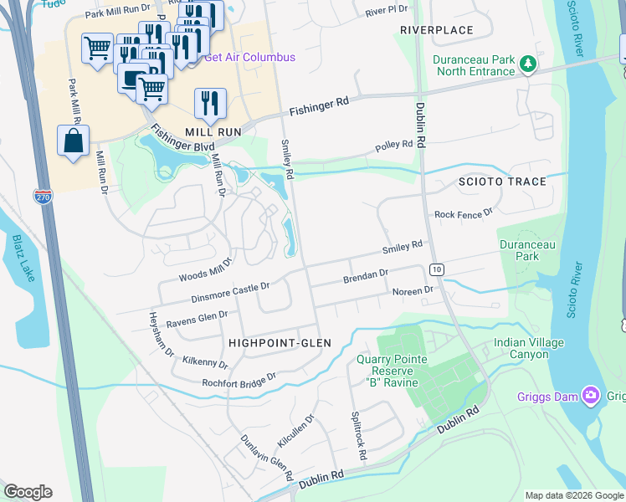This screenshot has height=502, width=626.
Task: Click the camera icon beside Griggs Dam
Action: click(x=592, y=394)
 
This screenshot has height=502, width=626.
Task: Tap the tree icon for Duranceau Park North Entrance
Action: click(x=527, y=64)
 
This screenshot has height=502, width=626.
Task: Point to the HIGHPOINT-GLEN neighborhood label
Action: click(x=280, y=343)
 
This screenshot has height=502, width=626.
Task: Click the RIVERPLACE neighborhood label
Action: click(x=436, y=30)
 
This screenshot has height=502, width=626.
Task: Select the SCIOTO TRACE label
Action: click(x=501, y=182)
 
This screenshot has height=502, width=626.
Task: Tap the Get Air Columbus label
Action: click(x=249, y=58)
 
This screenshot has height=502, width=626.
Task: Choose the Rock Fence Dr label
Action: click(x=464, y=215)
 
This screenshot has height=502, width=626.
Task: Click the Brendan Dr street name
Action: click(x=366, y=274)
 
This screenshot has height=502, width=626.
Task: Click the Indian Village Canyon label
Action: click(x=528, y=348)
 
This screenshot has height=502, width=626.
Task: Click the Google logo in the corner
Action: click(x=28, y=492)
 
